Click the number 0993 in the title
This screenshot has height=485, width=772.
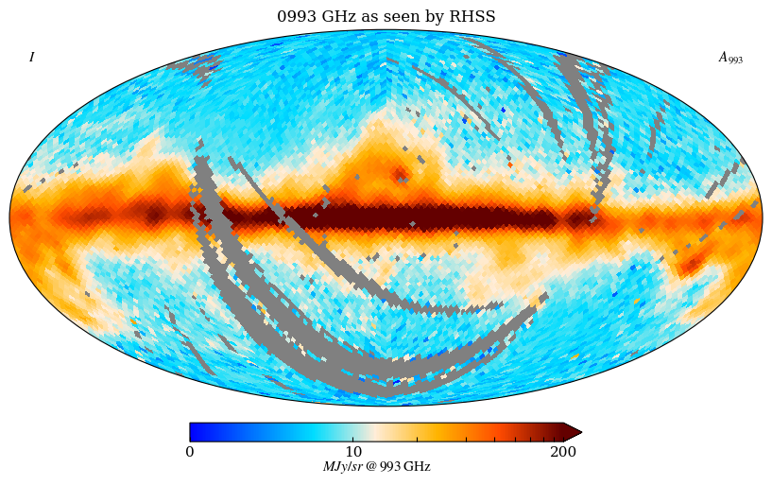294,17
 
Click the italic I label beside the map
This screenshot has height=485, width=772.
31,58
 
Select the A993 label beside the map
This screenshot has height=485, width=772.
729,58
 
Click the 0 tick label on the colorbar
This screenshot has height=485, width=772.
190,452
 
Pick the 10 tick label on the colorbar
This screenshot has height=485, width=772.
354,452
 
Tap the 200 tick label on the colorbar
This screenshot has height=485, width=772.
563,452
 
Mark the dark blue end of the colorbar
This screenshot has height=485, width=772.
196,432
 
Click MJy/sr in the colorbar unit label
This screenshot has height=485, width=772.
343,467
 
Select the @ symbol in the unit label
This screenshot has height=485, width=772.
371,467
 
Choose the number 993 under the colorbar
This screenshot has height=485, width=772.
390,467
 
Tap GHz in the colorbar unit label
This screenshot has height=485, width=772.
417,467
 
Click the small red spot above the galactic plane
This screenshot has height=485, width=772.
399,173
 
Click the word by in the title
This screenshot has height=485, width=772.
439,17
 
